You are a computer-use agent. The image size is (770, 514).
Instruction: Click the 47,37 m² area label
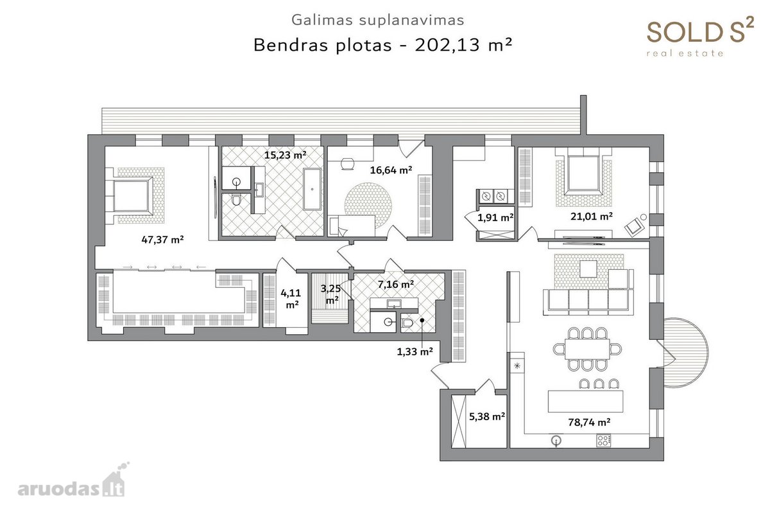point(162,239)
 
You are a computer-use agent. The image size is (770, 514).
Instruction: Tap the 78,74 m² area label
point(589,422)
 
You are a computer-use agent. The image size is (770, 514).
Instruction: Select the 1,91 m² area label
point(495,217)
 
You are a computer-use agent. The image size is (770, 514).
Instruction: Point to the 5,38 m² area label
point(487,416)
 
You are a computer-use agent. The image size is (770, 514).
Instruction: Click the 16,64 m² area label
point(391,170)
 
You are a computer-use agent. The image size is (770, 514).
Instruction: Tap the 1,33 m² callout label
point(415,351)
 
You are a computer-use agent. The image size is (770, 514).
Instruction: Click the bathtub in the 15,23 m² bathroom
point(312,189)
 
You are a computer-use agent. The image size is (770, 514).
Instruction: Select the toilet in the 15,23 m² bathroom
point(236,200)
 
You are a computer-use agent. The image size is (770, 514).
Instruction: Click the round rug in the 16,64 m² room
point(368,206)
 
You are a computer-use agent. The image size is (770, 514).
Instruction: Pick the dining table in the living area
point(587,349)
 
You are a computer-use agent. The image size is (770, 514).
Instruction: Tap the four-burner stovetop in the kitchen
point(604,441)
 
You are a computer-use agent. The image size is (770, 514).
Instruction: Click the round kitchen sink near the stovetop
point(556,440)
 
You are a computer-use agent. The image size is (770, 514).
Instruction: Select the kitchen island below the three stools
point(585,401)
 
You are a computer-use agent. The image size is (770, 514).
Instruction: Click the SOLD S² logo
point(700,36)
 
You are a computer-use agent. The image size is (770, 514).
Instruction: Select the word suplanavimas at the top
point(411,21)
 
